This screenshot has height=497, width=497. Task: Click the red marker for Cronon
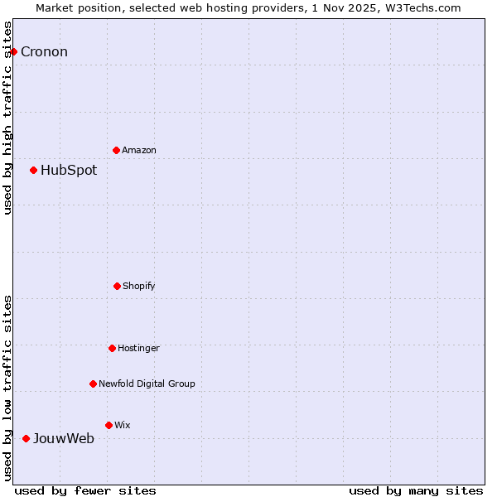click(13, 51)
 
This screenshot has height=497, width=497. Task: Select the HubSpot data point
click(33, 170)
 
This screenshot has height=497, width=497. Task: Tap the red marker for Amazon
click(116, 150)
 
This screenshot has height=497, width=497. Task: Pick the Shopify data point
click(117, 286)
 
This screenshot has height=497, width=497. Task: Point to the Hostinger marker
click(112, 348)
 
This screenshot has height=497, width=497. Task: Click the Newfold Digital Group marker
click(93, 384)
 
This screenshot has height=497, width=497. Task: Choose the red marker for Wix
click(109, 425)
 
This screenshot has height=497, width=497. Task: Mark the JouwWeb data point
click(26, 438)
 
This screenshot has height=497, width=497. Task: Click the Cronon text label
click(44, 51)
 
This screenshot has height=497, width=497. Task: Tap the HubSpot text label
click(69, 170)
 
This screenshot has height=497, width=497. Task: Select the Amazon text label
click(139, 150)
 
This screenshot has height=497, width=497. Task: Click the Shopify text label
click(139, 286)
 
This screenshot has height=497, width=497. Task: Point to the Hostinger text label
click(138, 348)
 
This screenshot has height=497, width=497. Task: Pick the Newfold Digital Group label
click(147, 384)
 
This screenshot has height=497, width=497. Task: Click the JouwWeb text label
click(64, 438)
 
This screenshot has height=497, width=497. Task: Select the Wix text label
click(123, 425)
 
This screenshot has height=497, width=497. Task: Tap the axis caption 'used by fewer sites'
click(85, 490)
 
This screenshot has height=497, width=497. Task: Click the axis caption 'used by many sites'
click(416, 490)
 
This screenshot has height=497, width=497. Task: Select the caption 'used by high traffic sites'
click(7, 118)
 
